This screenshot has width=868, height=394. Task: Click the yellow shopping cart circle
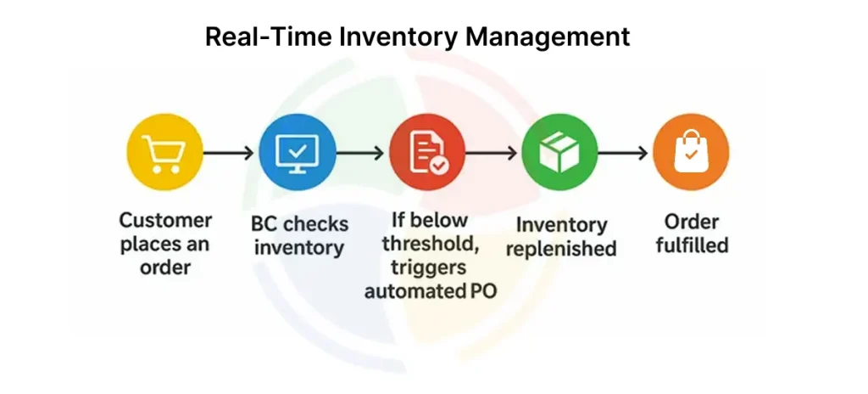[164, 152]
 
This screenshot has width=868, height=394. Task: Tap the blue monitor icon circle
[298, 152]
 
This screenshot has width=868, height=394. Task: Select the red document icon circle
[427, 152]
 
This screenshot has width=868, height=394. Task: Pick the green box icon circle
[559, 152]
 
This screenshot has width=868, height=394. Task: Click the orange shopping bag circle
[691, 152]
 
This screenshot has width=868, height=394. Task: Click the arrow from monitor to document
[359, 153]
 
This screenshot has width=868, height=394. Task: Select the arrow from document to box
[492, 153]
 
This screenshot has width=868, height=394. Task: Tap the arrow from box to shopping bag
[623, 153]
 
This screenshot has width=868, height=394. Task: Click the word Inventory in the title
[398, 37]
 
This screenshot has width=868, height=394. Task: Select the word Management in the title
[548, 37]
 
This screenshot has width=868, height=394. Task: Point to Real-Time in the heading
[269, 37]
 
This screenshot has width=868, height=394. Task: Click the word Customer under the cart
[165, 220]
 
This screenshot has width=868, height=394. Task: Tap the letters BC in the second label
[264, 224]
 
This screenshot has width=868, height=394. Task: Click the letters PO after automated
[483, 290]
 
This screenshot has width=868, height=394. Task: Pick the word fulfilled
[692, 245]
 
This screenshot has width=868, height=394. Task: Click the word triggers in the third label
[428, 268]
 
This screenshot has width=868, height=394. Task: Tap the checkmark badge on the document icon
[441, 165]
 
